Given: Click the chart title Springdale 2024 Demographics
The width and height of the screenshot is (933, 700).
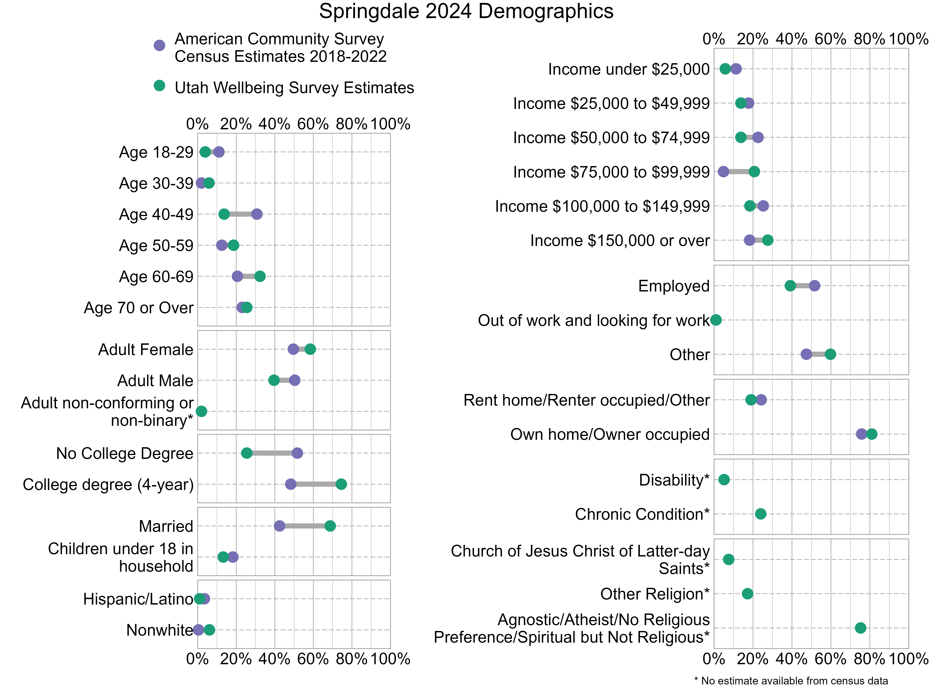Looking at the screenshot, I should pyautogui.click(x=466, y=11).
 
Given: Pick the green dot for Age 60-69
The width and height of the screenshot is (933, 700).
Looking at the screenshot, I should pyautogui.click(x=260, y=276).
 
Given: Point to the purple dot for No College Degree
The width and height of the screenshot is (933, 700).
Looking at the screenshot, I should pyautogui.click(x=297, y=453).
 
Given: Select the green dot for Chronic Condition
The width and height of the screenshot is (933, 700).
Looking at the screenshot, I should pyautogui.click(x=760, y=514).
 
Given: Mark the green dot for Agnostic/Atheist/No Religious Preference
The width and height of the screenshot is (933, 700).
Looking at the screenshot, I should pyautogui.click(x=860, y=628).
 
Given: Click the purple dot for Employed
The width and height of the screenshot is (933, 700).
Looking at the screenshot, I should pyautogui.click(x=814, y=286).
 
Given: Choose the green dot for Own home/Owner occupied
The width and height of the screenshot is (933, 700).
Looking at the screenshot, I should pyautogui.click(x=872, y=434).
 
